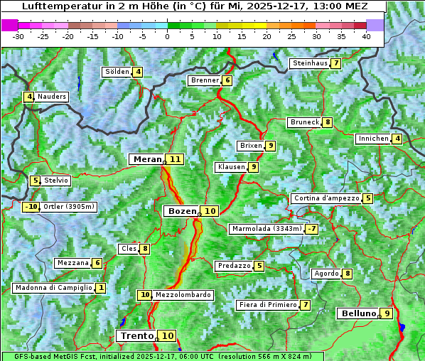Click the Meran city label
(147, 159)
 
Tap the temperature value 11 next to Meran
(175, 159)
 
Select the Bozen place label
(181, 211)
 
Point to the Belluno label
(357, 313)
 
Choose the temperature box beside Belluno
(386, 313)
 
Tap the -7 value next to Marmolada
(311, 229)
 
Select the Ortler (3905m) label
(69, 207)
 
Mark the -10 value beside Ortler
(31, 207)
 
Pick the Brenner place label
(205, 80)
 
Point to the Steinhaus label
(310, 63)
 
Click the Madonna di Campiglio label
(53, 288)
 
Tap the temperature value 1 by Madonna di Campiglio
(101, 288)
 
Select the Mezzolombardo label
(183, 295)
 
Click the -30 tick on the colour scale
(18, 36)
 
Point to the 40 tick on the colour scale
(366, 36)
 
